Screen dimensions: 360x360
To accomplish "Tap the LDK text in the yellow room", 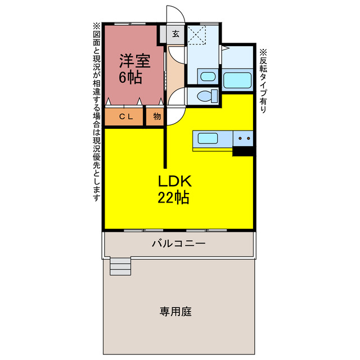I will click(x=175, y=181).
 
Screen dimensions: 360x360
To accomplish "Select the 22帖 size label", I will click(x=174, y=197).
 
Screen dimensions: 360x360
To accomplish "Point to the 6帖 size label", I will click(x=130, y=78).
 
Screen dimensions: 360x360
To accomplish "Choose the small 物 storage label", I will click(x=156, y=117).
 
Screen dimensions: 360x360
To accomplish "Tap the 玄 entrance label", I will click(x=175, y=34).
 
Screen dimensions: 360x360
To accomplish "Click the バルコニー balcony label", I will click(x=178, y=244).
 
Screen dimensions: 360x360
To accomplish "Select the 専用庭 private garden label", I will click(x=175, y=311).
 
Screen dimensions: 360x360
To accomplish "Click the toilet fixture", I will click(x=204, y=96).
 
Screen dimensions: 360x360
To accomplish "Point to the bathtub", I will click(x=237, y=79).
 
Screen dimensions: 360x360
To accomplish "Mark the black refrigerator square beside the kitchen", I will click(x=244, y=150).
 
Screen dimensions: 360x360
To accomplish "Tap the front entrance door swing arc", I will click(x=175, y=15).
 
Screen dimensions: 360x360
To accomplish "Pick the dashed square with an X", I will click(x=197, y=34).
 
